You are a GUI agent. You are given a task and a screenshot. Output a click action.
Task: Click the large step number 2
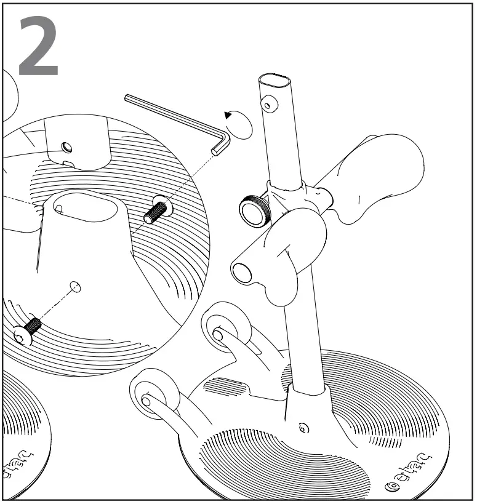(39, 47)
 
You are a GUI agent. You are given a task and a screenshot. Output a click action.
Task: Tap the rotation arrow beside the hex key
(239, 124)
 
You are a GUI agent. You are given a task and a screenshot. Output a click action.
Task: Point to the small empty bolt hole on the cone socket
(75, 286)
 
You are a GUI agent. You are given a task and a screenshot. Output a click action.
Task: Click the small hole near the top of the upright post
(267, 105)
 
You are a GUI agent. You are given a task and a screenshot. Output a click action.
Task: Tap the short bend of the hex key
(220, 144)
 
